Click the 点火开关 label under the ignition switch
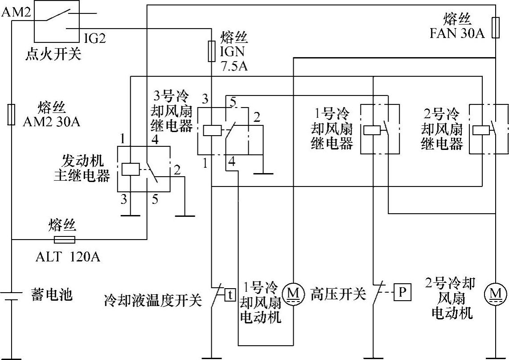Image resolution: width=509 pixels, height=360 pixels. pyautogui.click(x=53, y=54)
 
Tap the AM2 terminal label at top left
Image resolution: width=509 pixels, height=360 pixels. pyautogui.click(x=15, y=12)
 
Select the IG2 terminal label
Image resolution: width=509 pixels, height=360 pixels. pyautogui.click(x=94, y=38)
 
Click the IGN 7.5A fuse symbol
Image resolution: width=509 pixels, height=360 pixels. pyautogui.click(x=212, y=50)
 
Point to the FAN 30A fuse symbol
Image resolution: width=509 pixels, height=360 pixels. pyautogui.click(x=495, y=27)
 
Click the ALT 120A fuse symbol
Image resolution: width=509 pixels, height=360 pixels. pyautogui.click(x=64, y=240)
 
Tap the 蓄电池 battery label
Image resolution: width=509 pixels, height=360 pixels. pyautogui.click(x=52, y=295)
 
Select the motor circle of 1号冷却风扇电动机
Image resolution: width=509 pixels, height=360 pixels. pyautogui.click(x=293, y=293)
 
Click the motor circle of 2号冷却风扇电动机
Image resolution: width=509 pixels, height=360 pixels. pyautogui.click(x=495, y=294)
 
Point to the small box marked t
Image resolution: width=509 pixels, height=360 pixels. pyautogui.click(x=230, y=295)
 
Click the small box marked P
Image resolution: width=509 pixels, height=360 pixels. pyautogui.click(x=402, y=293)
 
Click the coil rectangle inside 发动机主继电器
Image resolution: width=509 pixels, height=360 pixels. pyautogui.click(x=130, y=169)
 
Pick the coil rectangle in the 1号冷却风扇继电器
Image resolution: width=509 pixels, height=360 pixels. pyautogui.click(x=371, y=130)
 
